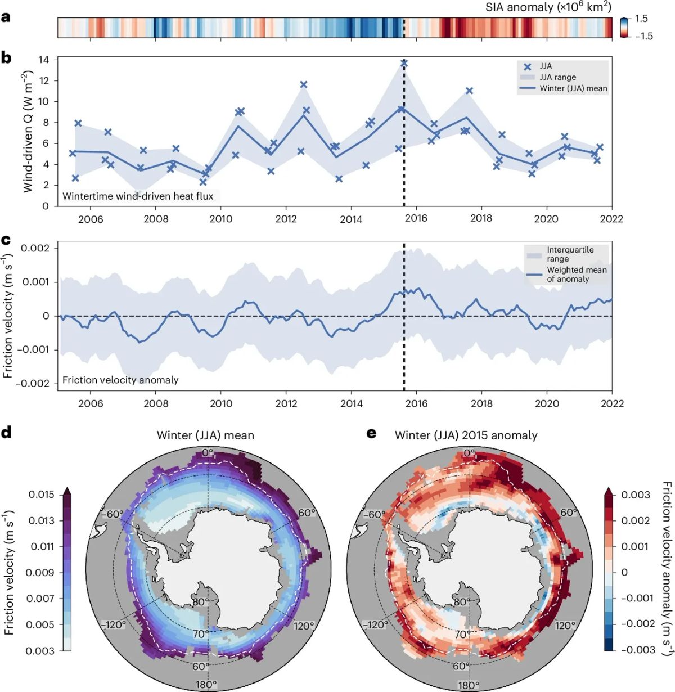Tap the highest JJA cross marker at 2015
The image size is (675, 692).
[404, 64]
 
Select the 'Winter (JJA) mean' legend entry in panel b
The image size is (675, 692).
[573, 88]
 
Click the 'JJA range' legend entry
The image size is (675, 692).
[557, 77]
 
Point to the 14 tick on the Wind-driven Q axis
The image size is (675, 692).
[44, 60]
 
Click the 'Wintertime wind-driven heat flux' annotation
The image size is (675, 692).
[138, 196]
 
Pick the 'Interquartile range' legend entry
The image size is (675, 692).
[570, 254]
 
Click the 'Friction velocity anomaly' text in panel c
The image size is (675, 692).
[120, 380]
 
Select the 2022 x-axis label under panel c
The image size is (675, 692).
[611, 403]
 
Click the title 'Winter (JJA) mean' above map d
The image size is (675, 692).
[205, 435]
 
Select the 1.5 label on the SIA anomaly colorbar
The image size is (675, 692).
[641, 19]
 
